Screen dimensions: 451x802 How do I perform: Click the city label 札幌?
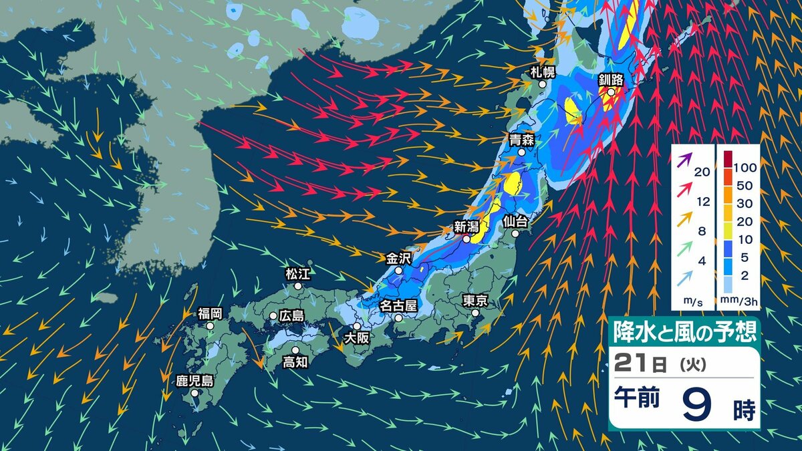(543, 71)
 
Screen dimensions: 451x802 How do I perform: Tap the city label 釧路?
(610, 80)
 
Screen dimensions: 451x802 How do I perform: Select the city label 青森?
(521, 139)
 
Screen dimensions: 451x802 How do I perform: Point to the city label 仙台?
(515, 220)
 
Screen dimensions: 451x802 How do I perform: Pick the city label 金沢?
(399, 257)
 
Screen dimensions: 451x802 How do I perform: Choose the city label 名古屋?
(398, 305)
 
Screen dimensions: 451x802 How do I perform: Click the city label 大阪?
(357, 338)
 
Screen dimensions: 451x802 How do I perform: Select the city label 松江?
(298, 273)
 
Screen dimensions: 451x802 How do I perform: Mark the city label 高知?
(295, 362)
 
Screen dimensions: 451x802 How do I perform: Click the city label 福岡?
(210, 313)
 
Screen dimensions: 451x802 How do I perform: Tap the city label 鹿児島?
(194, 381)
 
